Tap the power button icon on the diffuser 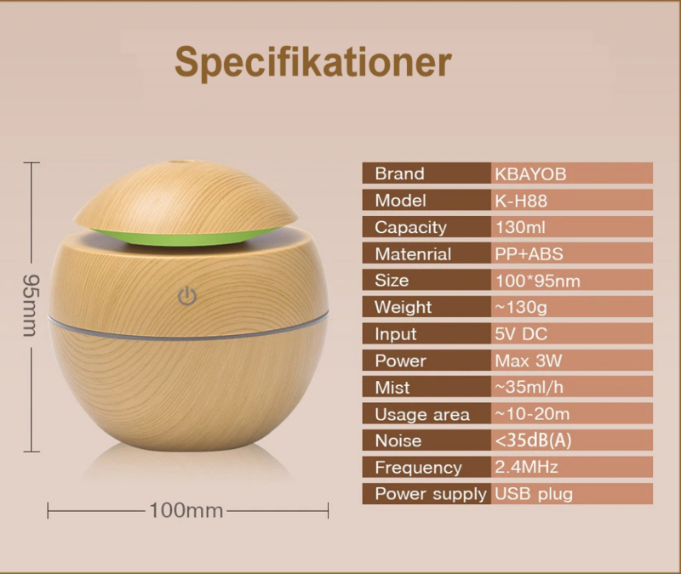[x=188, y=297]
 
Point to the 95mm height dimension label [x=28, y=305]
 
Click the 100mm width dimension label [x=186, y=510]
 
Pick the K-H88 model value [x=524, y=201]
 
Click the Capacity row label [x=410, y=227]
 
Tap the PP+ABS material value [x=529, y=253]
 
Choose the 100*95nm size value [x=538, y=281]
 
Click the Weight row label [x=403, y=307]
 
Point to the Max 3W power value [x=529, y=361]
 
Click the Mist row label [x=392, y=387]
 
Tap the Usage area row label [x=422, y=414]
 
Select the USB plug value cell [x=534, y=493]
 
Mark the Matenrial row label [x=413, y=253]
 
